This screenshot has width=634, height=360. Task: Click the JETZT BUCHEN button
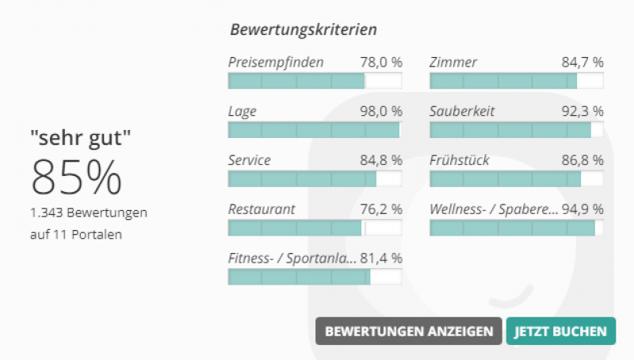pyautogui.click(x=560, y=331)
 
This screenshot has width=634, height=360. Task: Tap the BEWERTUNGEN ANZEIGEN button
pyautogui.click(x=408, y=331)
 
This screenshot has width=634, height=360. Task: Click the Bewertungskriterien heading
pyautogui.click(x=304, y=30)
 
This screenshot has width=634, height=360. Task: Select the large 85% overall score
pyautogui.click(x=76, y=178)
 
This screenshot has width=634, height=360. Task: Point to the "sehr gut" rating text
pyautogui.click(x=81, y=138)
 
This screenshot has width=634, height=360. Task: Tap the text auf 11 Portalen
pyautogui.click(x=76, y=235)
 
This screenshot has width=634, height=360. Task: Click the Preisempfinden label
pyautogui.click(x=276, y=62)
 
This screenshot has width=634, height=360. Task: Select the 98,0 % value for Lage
pyautogui.click(x=381, y=111)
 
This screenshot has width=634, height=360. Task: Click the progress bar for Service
pyautogui.click(x=315, y=179)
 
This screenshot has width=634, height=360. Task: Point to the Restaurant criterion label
pyautogui.click(x=262, y=209)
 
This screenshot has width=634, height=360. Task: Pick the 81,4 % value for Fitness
pyautogui.click(x=381, y=259)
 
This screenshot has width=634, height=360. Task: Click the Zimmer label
pyautogui.click(x=453, y=62)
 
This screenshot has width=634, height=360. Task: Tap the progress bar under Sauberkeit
pyautogui.click(x=516, y=130)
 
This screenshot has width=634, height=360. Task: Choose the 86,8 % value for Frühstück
pyautogui.click(x=582, y=160)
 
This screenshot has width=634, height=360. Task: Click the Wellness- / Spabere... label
pyautogui.click(x=491, y=209)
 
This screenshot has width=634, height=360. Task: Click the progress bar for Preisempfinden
pyautogui.click(x=315, y=81)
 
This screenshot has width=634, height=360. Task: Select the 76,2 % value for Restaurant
pyautogui.click(x=381, y=209)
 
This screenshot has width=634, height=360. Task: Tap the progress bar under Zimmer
pyautogui.click(x=516, y=81)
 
